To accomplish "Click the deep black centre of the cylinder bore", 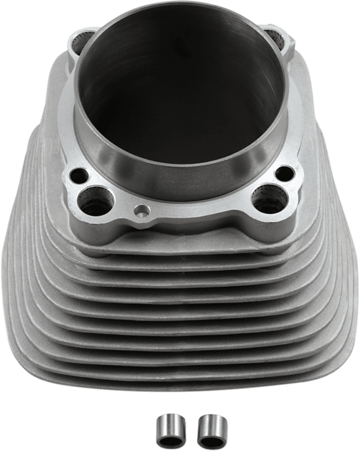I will pyautogui.click(x=180, y=113).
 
